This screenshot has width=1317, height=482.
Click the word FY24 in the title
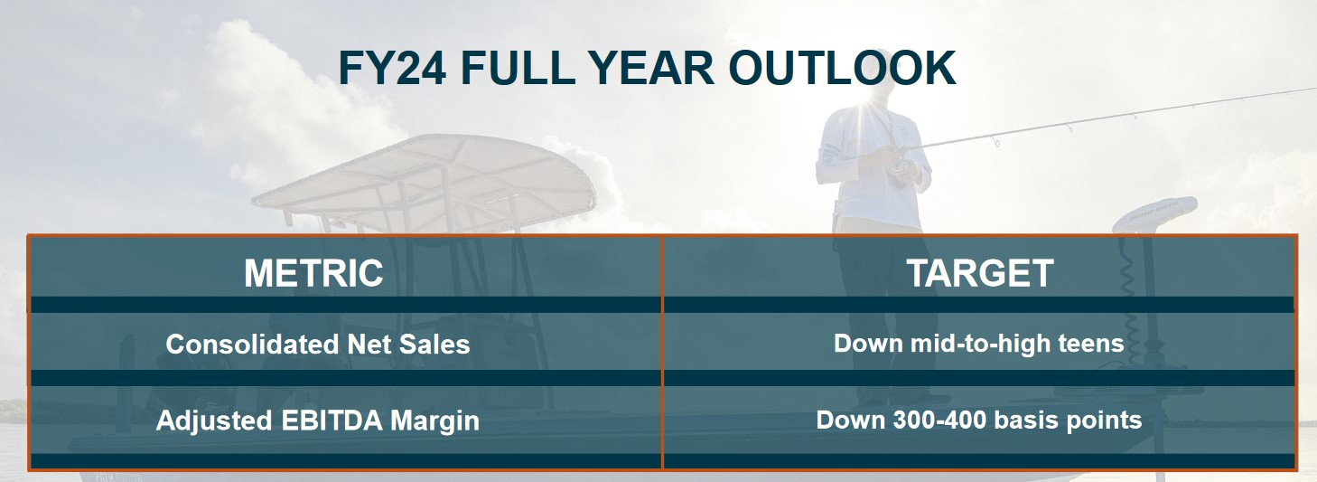pos(393,68)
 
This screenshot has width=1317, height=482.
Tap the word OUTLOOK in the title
pos(842,68)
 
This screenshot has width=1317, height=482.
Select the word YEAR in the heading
pos(651,68)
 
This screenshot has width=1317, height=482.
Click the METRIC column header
pos(313,273)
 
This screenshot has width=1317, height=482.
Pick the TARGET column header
pos(980,273)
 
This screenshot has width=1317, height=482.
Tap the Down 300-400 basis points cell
pos(979,421)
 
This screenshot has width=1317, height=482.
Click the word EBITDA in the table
pos(332,421)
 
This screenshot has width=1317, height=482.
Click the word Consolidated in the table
pos(252,345)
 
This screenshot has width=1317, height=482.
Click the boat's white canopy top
pos(424,176)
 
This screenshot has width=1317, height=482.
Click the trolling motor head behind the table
pos(1154,215)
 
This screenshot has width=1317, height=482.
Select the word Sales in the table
pos(434,345)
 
